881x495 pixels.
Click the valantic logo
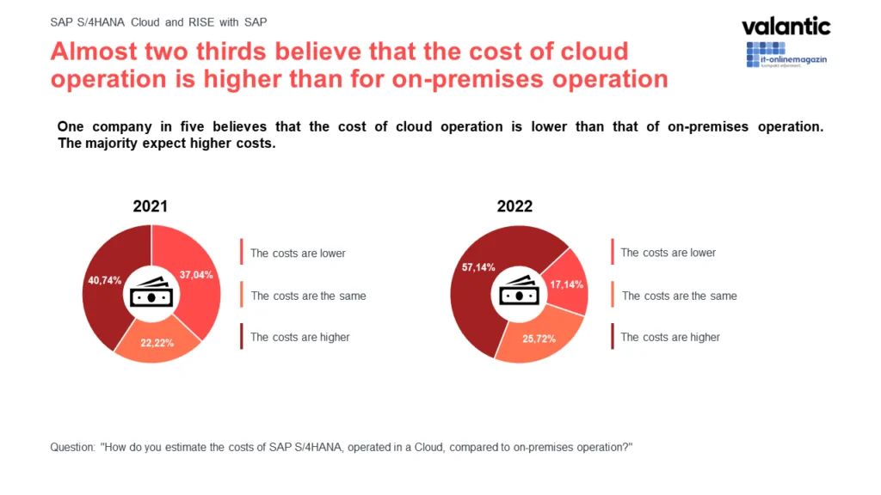point(786,26)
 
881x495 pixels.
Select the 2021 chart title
point(150,206)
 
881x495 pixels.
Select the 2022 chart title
point(514,206)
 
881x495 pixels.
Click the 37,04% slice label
point(196,275)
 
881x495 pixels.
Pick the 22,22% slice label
point(157,342)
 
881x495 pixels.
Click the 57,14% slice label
point(478,267)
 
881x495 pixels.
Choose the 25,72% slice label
point(539,339)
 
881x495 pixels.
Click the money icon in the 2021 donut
point(151,292)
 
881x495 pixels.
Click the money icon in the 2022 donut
point(519,292)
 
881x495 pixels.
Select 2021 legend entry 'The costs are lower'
point(298,254)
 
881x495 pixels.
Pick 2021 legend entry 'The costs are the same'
point(308,296)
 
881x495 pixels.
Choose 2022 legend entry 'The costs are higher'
point(670,337)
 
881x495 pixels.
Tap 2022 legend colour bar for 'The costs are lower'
point(612,253)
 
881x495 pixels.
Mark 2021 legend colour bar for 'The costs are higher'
point(242,337)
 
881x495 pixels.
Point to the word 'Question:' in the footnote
point(74,448)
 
